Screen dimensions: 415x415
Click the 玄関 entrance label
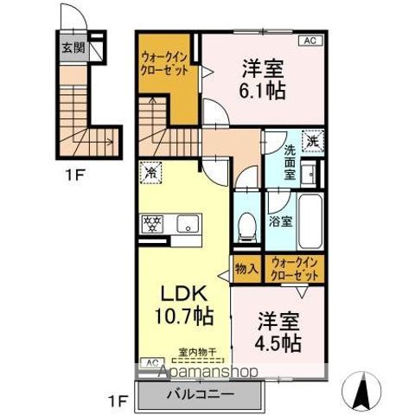(73, 48)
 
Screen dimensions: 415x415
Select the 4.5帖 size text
(278, 343)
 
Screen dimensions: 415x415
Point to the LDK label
(176, 294)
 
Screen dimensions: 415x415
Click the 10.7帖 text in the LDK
(183, 317)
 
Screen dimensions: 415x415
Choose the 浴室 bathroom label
(279, 220)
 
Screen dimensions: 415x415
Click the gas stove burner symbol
(152, 224)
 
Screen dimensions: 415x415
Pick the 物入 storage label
(246, 269)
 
